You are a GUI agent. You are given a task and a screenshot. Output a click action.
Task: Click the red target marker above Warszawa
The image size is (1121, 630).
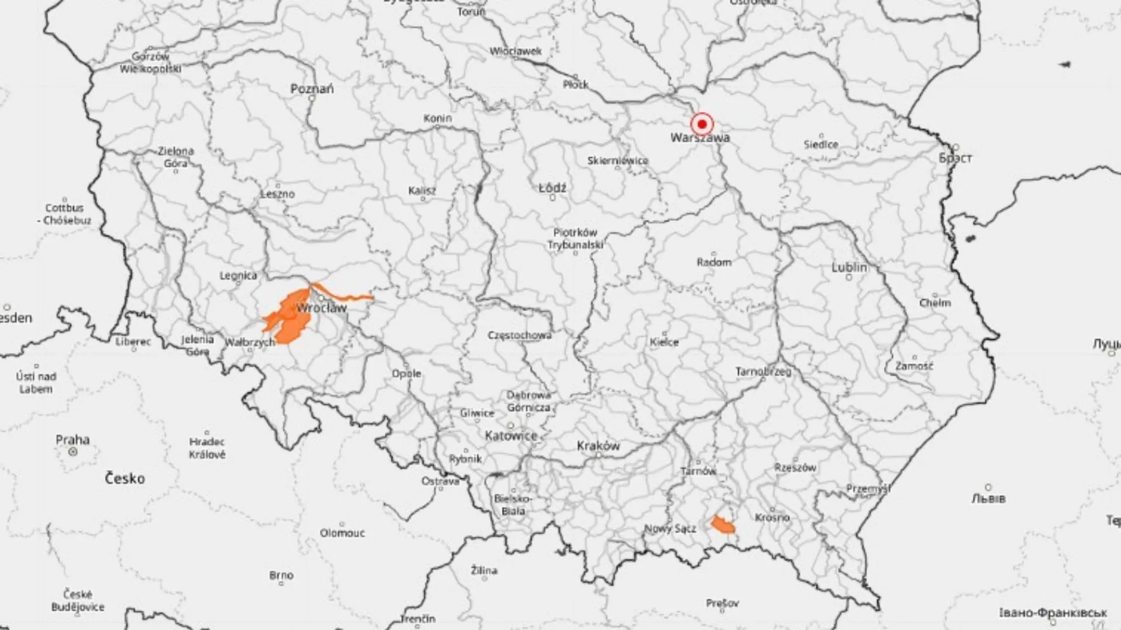click(702, 124)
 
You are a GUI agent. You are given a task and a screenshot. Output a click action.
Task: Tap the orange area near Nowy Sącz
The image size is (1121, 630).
click(723, 525)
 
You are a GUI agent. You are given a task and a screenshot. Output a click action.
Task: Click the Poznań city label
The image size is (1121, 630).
click(312, 89)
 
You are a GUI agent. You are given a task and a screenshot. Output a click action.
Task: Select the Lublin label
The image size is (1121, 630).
click(849, 267)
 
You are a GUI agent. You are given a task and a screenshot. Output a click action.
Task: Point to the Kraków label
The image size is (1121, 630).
click(598, 446)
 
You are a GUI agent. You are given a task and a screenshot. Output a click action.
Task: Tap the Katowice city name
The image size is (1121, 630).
click(511, 436)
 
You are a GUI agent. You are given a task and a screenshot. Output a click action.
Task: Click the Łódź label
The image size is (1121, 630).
click(552, 188)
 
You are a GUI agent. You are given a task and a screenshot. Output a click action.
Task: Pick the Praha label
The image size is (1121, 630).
click(73, 440)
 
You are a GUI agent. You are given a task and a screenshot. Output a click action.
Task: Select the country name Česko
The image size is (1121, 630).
click(125, 479)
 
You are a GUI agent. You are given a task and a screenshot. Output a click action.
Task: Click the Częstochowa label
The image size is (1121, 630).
click(519, 335)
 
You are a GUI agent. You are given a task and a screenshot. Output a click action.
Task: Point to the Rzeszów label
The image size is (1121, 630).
click(795, 467)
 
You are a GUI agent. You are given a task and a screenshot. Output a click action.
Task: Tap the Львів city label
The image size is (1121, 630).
click(988, 499)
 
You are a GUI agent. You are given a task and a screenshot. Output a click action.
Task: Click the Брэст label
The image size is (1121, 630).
click(956, 157)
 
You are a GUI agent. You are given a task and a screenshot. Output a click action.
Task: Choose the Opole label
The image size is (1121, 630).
click(406, 373)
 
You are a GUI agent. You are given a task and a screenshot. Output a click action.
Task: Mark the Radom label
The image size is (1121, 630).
click(714, 262)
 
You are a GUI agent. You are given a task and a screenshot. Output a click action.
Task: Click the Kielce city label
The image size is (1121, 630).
click(664, 342)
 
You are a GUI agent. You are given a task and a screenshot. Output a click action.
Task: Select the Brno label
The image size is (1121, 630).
click(281, 576)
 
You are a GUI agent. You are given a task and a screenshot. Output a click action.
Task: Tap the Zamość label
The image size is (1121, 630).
click(914, 366)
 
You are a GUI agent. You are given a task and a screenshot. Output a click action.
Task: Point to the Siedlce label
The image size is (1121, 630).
click(821, 144)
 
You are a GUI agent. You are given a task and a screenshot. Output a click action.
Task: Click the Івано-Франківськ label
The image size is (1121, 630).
click(1052, 613)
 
